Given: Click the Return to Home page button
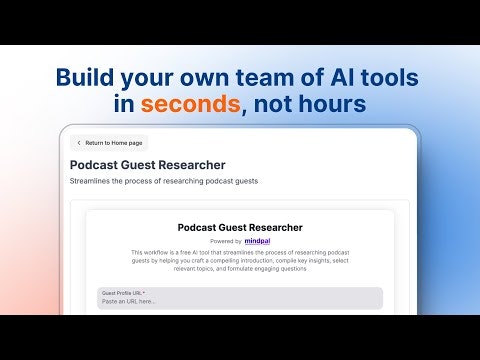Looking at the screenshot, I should point(109,143).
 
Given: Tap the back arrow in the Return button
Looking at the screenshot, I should point(79,143).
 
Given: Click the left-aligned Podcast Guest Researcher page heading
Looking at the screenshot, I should point(147,164).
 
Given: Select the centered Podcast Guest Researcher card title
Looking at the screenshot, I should point(240,227).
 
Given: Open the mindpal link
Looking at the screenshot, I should point(258,241).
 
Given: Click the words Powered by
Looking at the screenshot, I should point(225,241).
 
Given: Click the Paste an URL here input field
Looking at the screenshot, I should point(240,300).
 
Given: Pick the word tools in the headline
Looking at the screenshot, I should point(388,77).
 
